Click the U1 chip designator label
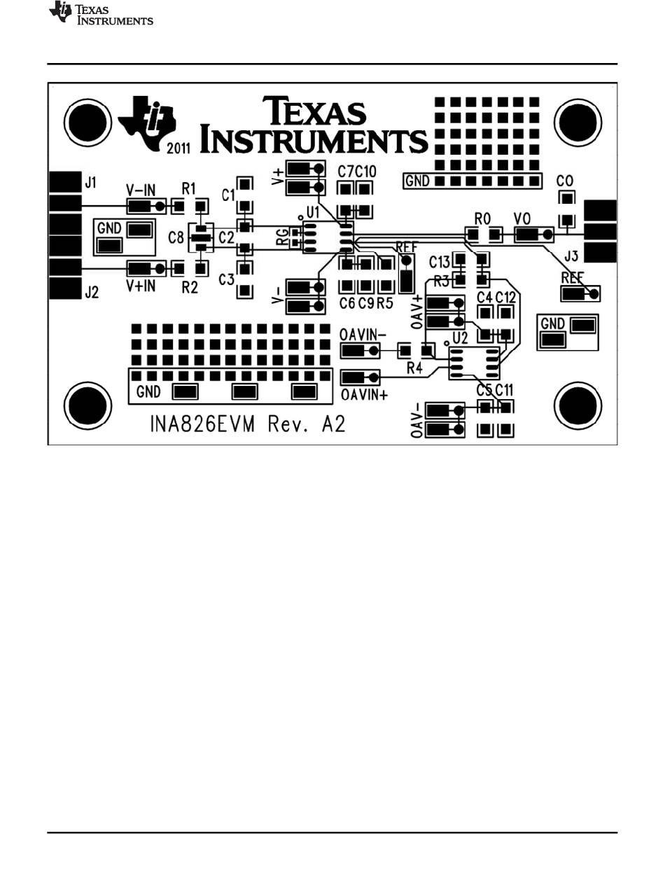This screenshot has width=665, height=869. [313, 212]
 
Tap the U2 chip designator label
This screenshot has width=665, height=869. [460, 338]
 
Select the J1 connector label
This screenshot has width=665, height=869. [91, 183]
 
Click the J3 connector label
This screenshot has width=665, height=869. [571, 256]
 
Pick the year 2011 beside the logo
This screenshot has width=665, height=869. [178, 148]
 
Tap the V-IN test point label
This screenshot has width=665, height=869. [141, 190]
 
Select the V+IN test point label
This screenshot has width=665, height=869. [141, 286]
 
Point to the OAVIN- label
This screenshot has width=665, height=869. [362, 335]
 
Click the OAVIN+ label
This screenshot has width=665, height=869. [364, 395]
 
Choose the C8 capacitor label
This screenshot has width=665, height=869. [176, 237]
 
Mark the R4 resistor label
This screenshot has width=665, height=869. [414, 368]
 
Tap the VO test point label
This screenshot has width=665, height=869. [522, 218]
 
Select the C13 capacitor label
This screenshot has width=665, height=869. [440, 263]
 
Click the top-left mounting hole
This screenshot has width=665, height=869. [88, 122]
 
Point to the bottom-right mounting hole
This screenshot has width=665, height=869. [578, 406]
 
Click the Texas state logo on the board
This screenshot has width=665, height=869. [147, 123]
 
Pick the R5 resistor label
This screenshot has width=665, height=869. [385, 303]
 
